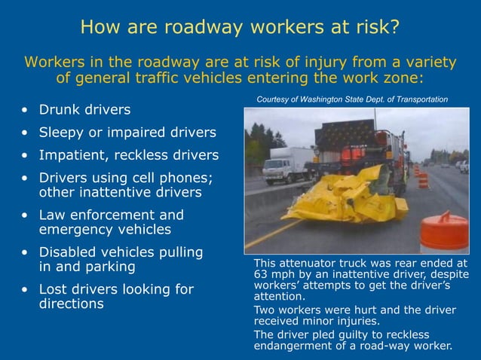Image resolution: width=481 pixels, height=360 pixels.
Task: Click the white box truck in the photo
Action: coord(286,164)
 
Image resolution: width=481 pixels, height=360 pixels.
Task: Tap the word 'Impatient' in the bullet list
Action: coord(72,155)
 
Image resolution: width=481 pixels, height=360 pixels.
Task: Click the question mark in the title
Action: coord(393,28)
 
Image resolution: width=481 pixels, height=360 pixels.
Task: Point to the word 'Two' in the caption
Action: coord(264,310)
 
